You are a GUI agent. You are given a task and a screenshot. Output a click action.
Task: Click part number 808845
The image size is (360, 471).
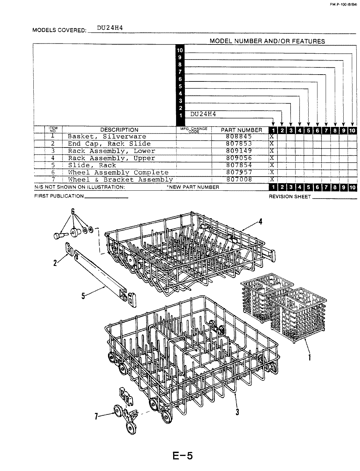click(239, 137)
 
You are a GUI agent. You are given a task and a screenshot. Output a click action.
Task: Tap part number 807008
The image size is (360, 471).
click(239, 180)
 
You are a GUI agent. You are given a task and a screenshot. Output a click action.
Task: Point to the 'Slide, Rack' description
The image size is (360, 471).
click(92, 166)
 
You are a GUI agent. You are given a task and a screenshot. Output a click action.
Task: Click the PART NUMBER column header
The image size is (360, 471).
click(242, 130)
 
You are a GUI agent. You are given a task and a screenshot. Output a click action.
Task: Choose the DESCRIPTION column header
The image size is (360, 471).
click(119, 130)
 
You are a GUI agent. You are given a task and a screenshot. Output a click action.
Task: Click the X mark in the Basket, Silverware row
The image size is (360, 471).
click(271, 137)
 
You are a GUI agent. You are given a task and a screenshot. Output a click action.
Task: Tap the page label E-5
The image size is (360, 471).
click(182, 455)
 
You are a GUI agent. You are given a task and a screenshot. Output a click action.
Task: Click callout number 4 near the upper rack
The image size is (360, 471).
click(260, 222)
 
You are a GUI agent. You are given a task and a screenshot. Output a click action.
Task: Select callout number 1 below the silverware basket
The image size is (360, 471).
click(309, 358)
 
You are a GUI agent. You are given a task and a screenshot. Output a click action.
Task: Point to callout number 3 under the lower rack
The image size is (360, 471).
click(237, 412)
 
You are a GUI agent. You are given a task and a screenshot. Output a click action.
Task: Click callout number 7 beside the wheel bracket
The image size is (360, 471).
click(96, 416)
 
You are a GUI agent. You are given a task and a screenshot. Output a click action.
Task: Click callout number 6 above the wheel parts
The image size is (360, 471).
click(73, 212)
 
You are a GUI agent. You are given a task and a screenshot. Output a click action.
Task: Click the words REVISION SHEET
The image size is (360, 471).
click(289, 197)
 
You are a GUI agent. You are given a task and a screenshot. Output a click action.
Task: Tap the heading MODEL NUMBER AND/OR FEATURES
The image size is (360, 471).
click(267, 41)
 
